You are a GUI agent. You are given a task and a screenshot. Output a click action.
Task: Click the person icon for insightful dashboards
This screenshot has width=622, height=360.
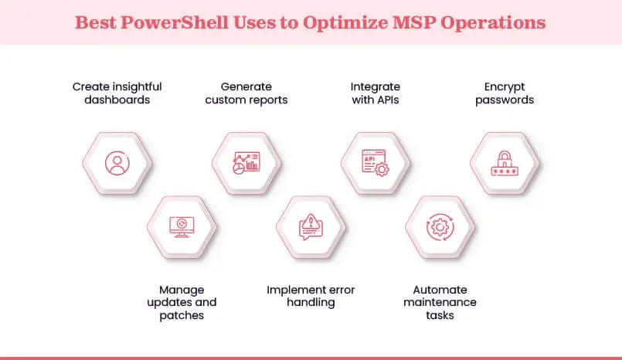(x=117, y=163)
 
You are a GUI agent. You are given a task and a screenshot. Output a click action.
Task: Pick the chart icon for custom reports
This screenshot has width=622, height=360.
(x=246, y=163)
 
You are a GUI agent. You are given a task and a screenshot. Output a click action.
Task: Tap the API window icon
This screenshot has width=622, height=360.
(x=376, y=163)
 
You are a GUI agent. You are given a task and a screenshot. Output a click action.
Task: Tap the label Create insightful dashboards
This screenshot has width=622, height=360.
(x=117, y=93)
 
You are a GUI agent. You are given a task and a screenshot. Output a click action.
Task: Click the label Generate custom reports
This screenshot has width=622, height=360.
(x=246, y=93)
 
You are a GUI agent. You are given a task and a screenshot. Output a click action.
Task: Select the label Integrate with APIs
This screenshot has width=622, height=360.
(x=376, y=93)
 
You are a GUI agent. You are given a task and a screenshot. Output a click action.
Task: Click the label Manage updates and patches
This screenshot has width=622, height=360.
(x=182, y=302)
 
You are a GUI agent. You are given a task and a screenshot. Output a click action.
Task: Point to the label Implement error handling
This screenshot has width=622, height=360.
(x=311, y=296)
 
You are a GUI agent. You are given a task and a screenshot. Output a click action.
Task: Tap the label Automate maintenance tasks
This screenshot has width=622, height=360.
(x=440, y=302)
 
